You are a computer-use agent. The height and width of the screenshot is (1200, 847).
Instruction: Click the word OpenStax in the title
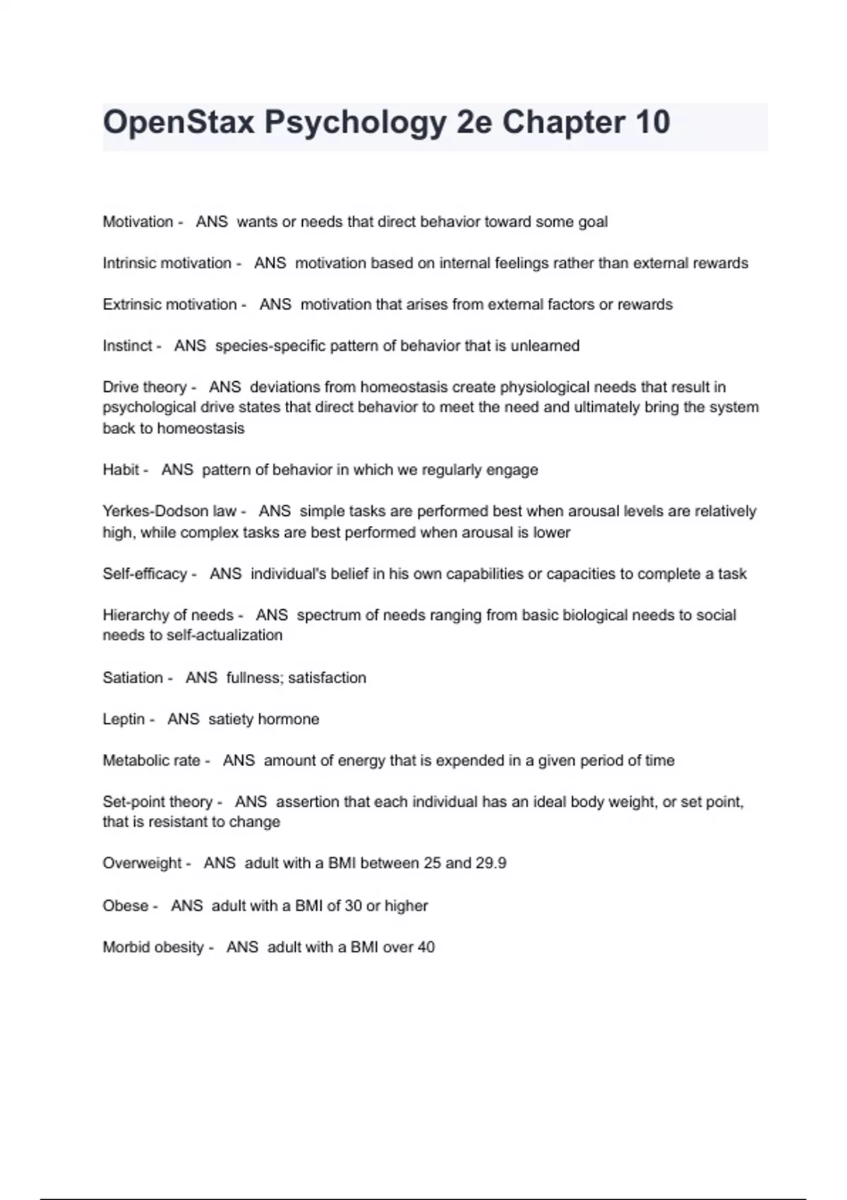pyautogui.click(x=179, y=123)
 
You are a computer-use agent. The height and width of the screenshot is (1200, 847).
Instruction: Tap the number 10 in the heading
pyautogui.click(x=652, y=123)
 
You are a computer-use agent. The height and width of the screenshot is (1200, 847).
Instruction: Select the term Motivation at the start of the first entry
pyautogui.click(x=138, y=222)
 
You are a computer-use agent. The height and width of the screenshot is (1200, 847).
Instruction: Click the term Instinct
pyautogui.click(x=127, y=346)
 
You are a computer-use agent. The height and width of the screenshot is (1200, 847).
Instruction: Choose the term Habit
pyautogui.click(x=121, y=470)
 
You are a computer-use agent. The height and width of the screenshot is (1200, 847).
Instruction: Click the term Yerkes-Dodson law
pyautogui.click(x=169, y=511)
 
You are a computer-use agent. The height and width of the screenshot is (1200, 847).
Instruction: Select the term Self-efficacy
pyautogui.click(x=145, y=574)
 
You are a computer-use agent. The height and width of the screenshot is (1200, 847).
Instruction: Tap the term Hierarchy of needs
pyautogui.click(x=168, y=615)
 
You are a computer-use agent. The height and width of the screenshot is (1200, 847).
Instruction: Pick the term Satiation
pyautogui.click(x=133, y=678)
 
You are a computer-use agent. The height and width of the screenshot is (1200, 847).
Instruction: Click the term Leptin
pyautogui.click(x=124, y=719)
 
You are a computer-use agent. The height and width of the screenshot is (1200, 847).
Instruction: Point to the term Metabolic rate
pyautogui.click(x=152, y=760)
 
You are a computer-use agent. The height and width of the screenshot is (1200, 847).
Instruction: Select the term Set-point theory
pyautogui.click(x=157, y=802)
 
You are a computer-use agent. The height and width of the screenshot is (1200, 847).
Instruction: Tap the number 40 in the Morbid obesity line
pyautogui.click(x=426, y=947)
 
